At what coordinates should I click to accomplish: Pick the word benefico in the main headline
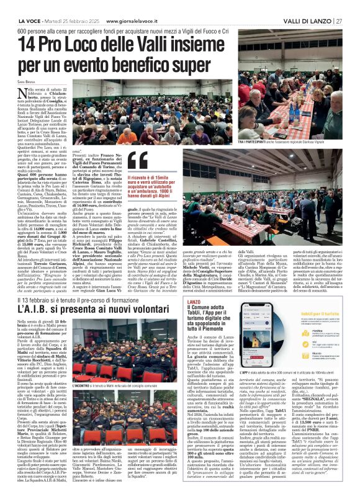pos(161,64)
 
